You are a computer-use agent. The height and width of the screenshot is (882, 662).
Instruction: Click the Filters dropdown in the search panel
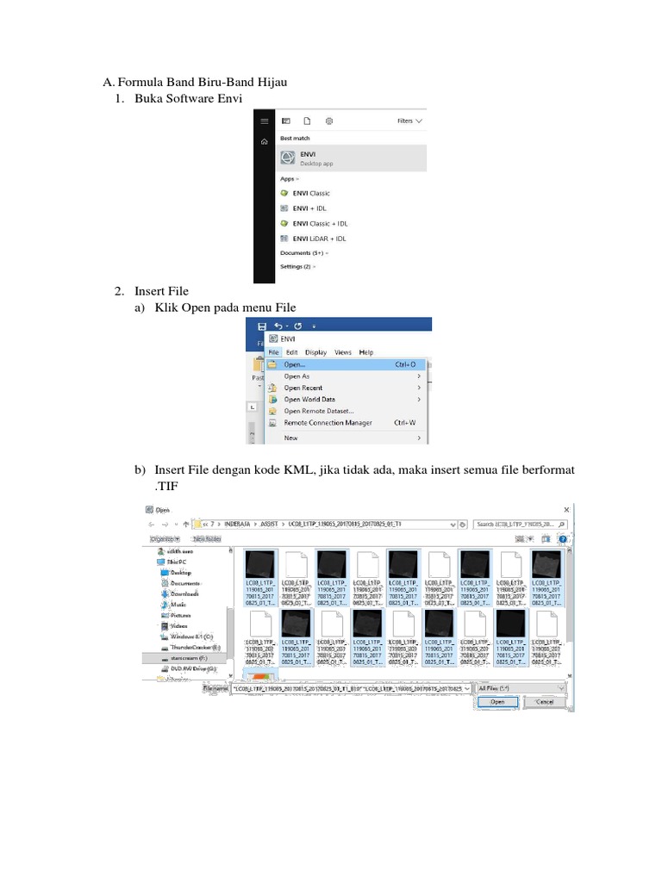click(409, 121)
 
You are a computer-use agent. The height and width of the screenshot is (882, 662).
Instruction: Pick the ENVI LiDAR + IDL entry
click(318, 239)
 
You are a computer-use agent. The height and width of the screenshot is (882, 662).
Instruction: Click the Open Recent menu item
click(303, 388)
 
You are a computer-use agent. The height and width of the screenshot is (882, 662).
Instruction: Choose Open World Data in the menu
click(309, 400)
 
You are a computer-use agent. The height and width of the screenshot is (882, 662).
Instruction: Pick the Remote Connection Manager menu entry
click(328, 423)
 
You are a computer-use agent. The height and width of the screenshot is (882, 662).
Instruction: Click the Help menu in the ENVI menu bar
click(366, 352)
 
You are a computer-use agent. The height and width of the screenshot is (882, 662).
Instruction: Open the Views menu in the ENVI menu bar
click(343, 352)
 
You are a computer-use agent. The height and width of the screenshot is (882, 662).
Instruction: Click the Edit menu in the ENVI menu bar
click(292, 352)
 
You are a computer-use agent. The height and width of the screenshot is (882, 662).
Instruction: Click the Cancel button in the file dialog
click(545, 702)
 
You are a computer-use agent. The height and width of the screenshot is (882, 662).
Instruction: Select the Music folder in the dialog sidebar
click(178, 605)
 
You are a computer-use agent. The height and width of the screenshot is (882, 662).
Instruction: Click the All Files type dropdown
click(520, 689)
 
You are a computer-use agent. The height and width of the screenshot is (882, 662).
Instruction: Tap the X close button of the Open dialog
click(566, 510)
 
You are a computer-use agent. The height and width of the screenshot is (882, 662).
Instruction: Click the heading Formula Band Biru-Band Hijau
click(202, 82)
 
